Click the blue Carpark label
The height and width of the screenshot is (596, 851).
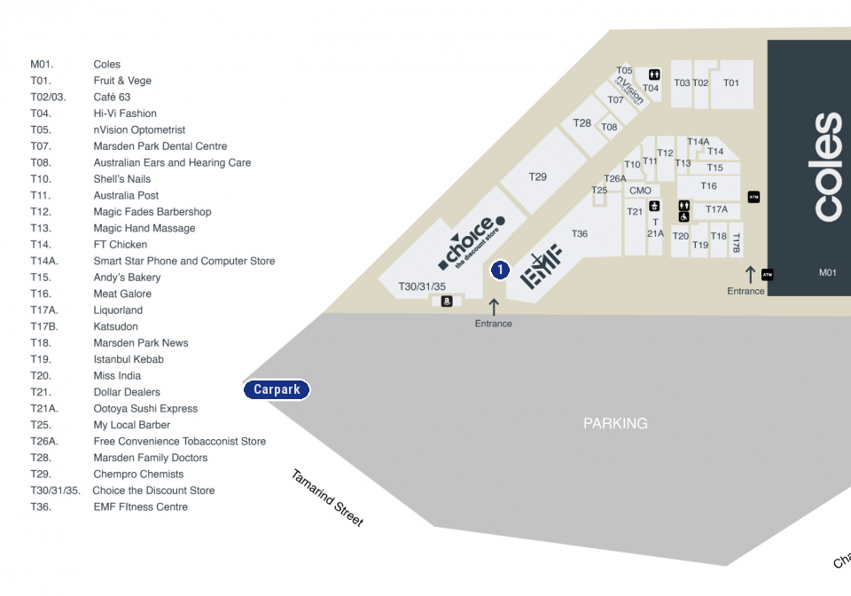pyautogui.click(x=277, y=389)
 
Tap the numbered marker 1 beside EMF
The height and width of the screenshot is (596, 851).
pyautogui.click(x=500, y=269)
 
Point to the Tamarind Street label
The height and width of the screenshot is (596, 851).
pyautogui.click(x=327, y=498)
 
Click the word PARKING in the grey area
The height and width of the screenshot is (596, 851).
pyautogui.click(x=615, y=424)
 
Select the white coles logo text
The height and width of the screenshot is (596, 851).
pyautogui.click(x=826, y=167)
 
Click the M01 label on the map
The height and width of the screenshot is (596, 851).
pyautogui.click(x=827, y=272)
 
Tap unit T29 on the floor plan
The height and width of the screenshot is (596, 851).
pyautogui.click(x=538, y=176)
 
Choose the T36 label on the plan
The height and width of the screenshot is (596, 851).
pyautogui.click(x=580, y=233)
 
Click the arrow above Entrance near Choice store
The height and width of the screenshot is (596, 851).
pyautogui.click(x=494, y=307)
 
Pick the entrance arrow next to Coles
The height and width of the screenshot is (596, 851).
pyautogui.click(x=750, y=275)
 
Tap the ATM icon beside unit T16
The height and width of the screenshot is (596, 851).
pyautogui.click(x=753, y=197)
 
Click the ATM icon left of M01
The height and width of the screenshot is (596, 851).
pyautogui.click(x=768, y=275)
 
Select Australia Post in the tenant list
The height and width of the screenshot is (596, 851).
pyautogui.click(x=127, y=195)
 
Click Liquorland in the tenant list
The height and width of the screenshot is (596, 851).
pyautogui.click(x=118, y=310)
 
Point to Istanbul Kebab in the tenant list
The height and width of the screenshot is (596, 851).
pyautogui.click(x=129, y=359)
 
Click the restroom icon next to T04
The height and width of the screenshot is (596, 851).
pyautogui.click(x=653, y=74)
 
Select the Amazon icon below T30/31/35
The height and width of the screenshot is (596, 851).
pyautogui.click(x=446, y=302)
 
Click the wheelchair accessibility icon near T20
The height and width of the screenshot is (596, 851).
pyautogui.click(x=683, y=216)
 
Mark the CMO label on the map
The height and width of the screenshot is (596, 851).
pyautogui.click(x=640, y=191)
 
